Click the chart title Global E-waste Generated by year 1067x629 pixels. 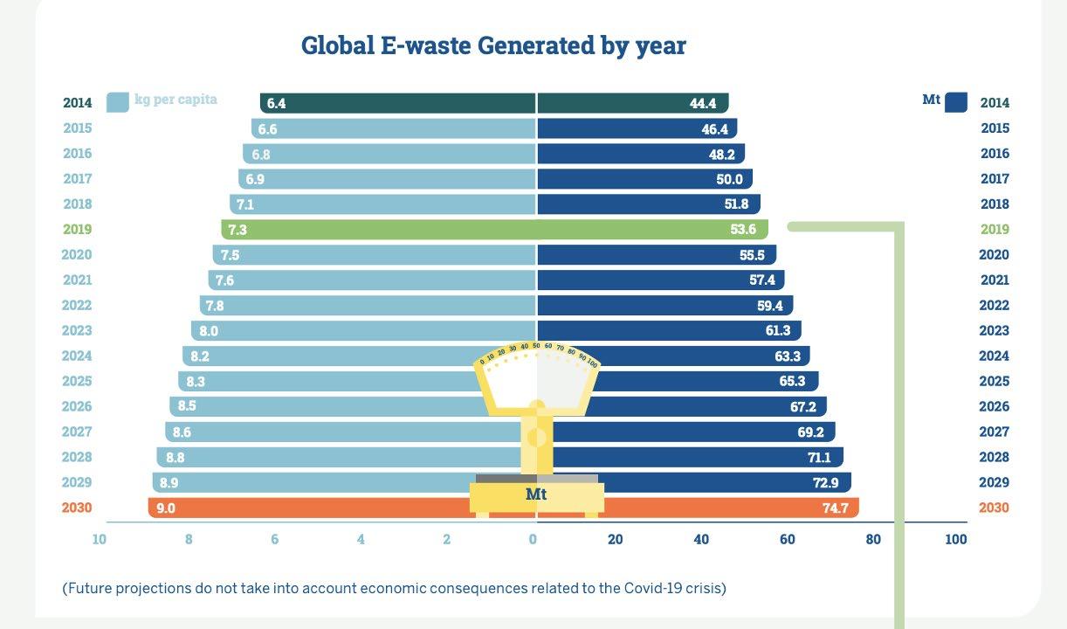pos(493,45)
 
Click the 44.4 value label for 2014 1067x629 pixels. pos(703,103)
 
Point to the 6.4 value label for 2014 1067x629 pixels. pos(276,103)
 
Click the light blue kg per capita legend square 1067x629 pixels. pos(117,102)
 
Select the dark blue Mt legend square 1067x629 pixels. pos(955,102)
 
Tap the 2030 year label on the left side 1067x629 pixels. pos(77,508)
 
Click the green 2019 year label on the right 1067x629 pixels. pos(995,230)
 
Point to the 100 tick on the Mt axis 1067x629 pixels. pos(955,539)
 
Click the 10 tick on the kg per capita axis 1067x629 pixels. pos(100,539)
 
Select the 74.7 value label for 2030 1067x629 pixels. pos(835,508)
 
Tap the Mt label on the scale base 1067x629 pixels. pos(536,494)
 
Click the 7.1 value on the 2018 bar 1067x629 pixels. pos(245,204)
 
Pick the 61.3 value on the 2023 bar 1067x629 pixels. pos(778,331)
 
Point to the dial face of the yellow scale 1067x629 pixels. pos(537,380)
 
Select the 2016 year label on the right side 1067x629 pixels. pos(995,154)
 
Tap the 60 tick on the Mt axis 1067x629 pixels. pos(788,539)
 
